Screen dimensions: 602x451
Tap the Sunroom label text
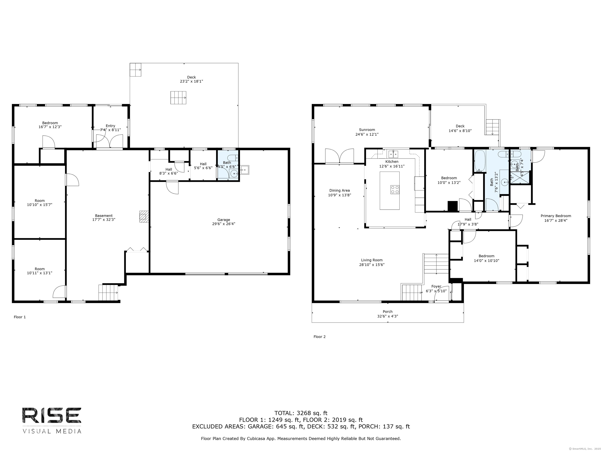pyautogui.click(x=367, y=130)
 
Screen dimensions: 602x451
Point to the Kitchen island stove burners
pyautogui.click(x=395, y=189)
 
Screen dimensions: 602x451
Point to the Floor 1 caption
pyautogui.click(x=20, y=317)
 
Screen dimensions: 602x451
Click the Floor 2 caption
pyautogui.click(x=319, y=336)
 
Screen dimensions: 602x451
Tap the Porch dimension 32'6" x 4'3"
pyautogui.click(x=388, y=316)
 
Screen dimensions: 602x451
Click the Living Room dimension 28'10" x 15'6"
pyautogui.click(x=372, y=264)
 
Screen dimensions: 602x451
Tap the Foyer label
pyautogui.click(x=436, y=286)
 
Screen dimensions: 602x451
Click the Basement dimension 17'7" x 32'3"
pyautogui.click(x=104, y=220)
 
